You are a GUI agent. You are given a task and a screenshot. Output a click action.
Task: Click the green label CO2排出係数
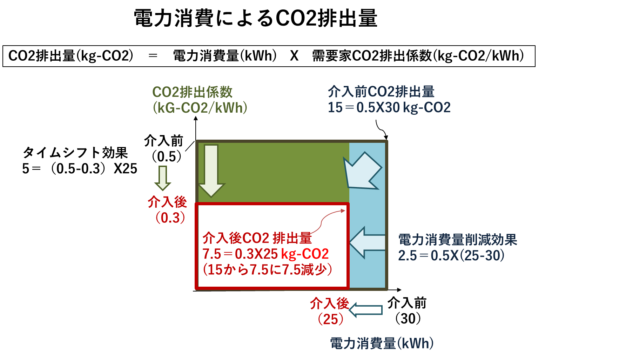tap(192, 92)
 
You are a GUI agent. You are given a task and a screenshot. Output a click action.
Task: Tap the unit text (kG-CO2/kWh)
tap(200, 108)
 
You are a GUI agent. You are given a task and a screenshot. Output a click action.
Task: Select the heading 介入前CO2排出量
tap(381, 92)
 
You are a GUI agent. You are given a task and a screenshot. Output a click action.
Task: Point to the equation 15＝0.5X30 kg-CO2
tap(389, 107)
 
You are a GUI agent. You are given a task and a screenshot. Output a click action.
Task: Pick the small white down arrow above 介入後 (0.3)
tap(163, 178)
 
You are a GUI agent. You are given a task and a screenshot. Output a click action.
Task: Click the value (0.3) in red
tap(170, 218)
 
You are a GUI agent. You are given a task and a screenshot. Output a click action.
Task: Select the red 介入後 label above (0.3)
tap(167, 202)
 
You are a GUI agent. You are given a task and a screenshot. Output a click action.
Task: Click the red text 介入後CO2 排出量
tap(257, 238)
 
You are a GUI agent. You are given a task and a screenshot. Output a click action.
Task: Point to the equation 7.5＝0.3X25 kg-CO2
tap(265, 254)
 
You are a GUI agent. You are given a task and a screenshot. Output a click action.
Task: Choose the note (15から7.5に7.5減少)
tap(267, 269)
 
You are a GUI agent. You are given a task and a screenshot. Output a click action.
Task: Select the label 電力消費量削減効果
tap(458, 240)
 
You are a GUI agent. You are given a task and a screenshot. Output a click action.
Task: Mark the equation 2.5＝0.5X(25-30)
tap(451, 255)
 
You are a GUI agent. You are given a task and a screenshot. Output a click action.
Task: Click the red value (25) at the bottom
tap(330, 319)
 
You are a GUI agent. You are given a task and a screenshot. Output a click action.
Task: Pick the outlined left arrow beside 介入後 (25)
tap(366, 310)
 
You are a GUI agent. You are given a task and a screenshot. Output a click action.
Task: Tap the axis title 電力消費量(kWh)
tap(382, 343)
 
